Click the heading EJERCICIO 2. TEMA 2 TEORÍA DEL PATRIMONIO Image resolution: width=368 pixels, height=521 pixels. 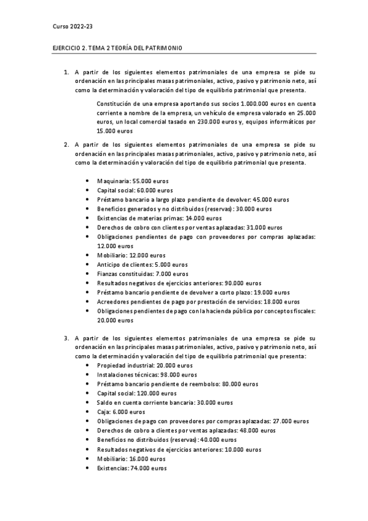coord(117,48)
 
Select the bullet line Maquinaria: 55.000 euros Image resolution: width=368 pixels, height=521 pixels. coord(133,181)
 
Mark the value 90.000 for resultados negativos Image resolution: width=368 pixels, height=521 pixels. coord(238,283)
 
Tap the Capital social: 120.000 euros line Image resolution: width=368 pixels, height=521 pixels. coord(137,393)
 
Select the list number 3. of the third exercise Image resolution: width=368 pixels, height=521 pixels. coord(66,338)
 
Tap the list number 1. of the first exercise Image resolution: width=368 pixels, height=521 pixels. coord(66,72)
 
